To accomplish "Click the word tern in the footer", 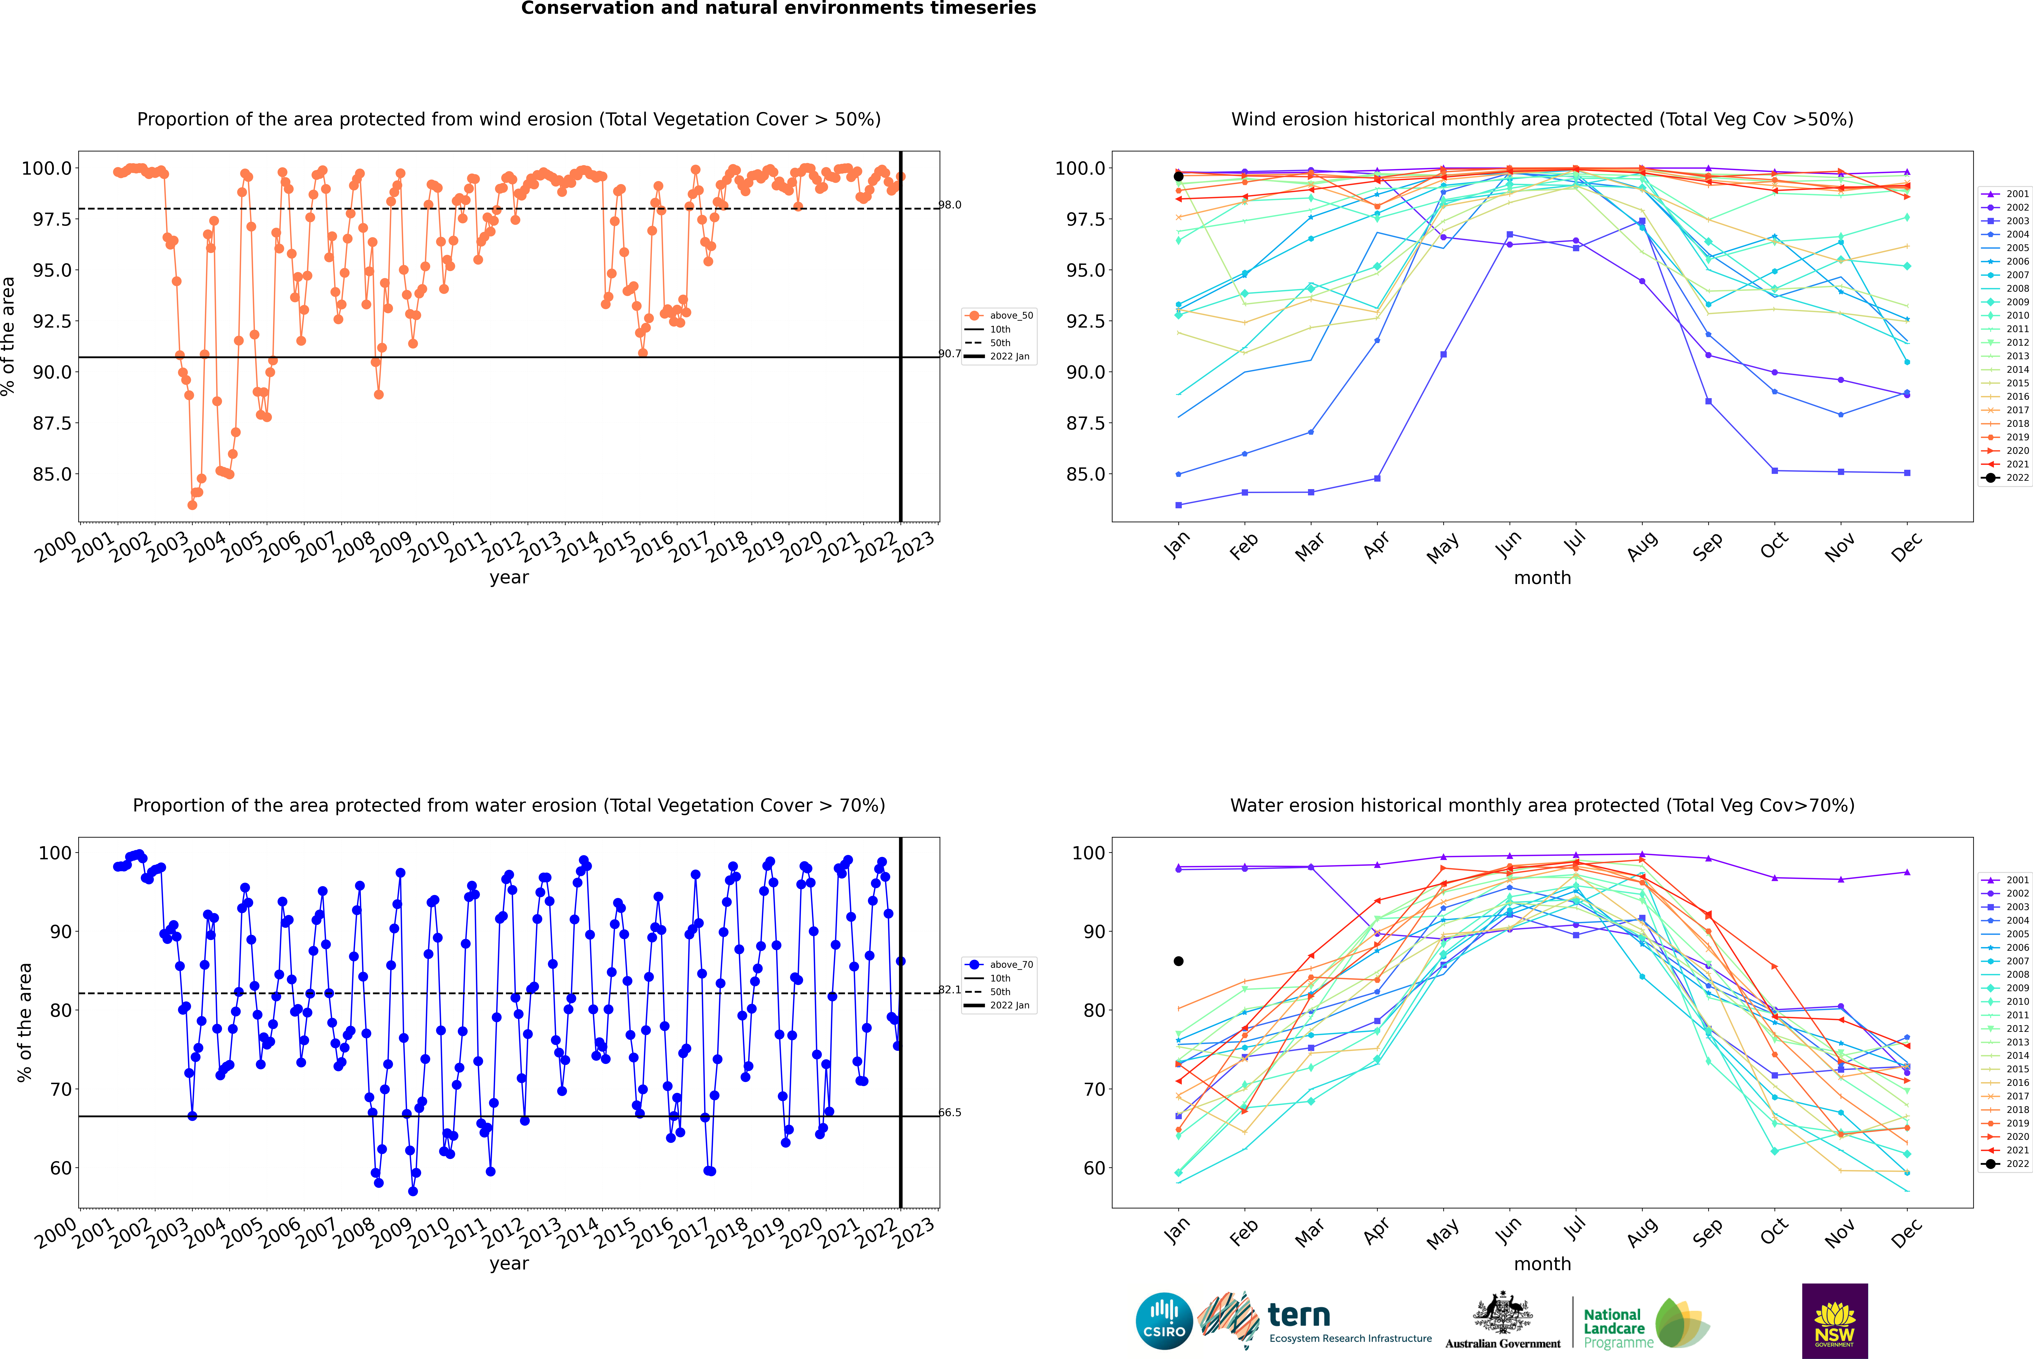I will [x=1298, y=1315].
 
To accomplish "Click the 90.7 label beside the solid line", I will [x=951, y=354].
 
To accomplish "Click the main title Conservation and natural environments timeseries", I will [x=778, y=9].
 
